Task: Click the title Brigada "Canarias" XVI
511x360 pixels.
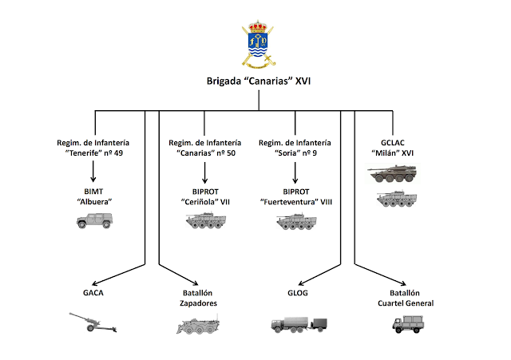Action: tap(255, 82)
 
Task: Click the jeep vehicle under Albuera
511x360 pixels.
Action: tap(94, 221)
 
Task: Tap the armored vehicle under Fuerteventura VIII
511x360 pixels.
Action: tap(297, 221)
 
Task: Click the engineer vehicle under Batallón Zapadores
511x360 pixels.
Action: tap(197, 325)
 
